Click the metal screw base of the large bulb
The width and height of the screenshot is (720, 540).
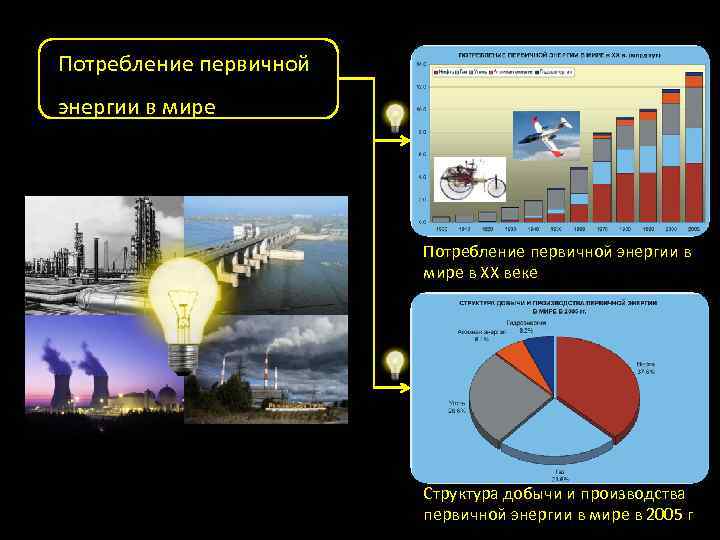184,356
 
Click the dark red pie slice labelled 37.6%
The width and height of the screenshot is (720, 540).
598,380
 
